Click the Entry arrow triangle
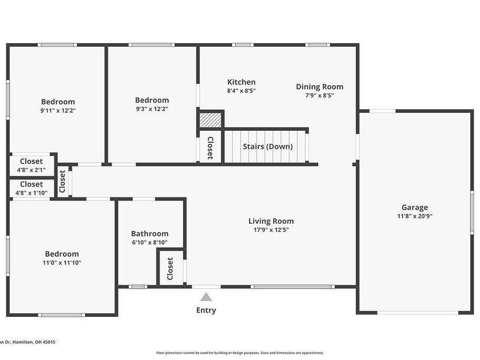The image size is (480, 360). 206,297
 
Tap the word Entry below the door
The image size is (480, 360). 206,310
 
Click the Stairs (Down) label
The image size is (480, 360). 268,146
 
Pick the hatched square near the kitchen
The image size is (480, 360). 211,120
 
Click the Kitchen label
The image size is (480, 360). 241,82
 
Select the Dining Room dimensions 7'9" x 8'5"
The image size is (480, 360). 320,95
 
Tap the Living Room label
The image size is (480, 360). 274,221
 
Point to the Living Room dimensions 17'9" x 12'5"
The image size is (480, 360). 274,230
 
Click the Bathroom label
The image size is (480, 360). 149,233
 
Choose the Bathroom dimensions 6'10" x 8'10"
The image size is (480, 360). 149,242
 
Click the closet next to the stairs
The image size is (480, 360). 210,148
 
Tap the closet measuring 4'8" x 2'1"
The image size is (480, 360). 31,165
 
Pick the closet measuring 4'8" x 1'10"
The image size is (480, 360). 31,188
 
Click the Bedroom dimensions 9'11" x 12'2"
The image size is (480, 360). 58,111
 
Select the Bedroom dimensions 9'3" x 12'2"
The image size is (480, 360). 152,109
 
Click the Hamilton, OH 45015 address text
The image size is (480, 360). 28,342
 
